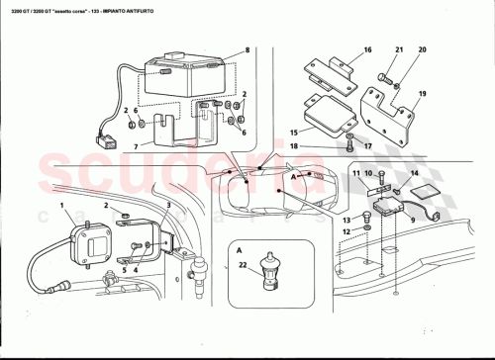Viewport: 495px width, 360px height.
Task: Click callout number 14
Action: pos(414,174)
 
